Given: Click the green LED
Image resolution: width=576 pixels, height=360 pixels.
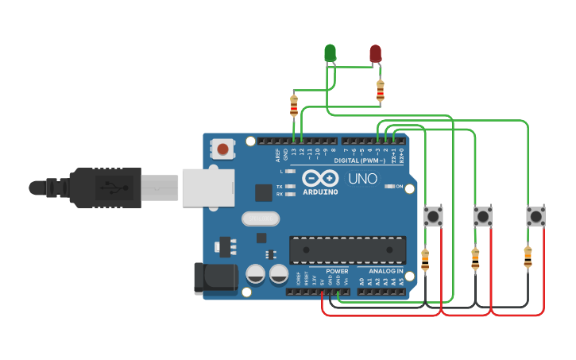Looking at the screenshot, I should [330, 53].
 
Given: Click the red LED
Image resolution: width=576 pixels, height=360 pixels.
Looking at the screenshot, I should [375, 54].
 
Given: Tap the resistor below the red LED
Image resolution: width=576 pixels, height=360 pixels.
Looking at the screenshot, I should [380, 91].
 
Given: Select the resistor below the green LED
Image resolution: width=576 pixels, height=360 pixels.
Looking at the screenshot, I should [295, 105].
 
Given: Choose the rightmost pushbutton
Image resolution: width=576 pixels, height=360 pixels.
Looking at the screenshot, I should [536, 216].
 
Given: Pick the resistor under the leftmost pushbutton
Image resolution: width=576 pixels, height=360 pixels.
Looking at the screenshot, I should [425, 258].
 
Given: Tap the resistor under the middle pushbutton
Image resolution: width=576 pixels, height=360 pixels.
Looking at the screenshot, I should [476, 258].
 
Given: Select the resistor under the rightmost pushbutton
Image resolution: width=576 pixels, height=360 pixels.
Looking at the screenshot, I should [528, 257].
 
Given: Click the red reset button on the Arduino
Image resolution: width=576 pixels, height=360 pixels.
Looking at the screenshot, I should [223, 149].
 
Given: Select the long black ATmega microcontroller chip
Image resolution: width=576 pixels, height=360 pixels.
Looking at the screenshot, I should [347, 249].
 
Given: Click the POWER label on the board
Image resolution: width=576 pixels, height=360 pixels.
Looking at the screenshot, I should [337, 272].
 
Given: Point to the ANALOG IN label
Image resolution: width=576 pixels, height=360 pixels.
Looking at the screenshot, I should [385, 272].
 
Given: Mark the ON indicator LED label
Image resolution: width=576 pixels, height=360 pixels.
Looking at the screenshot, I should [399, 188].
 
